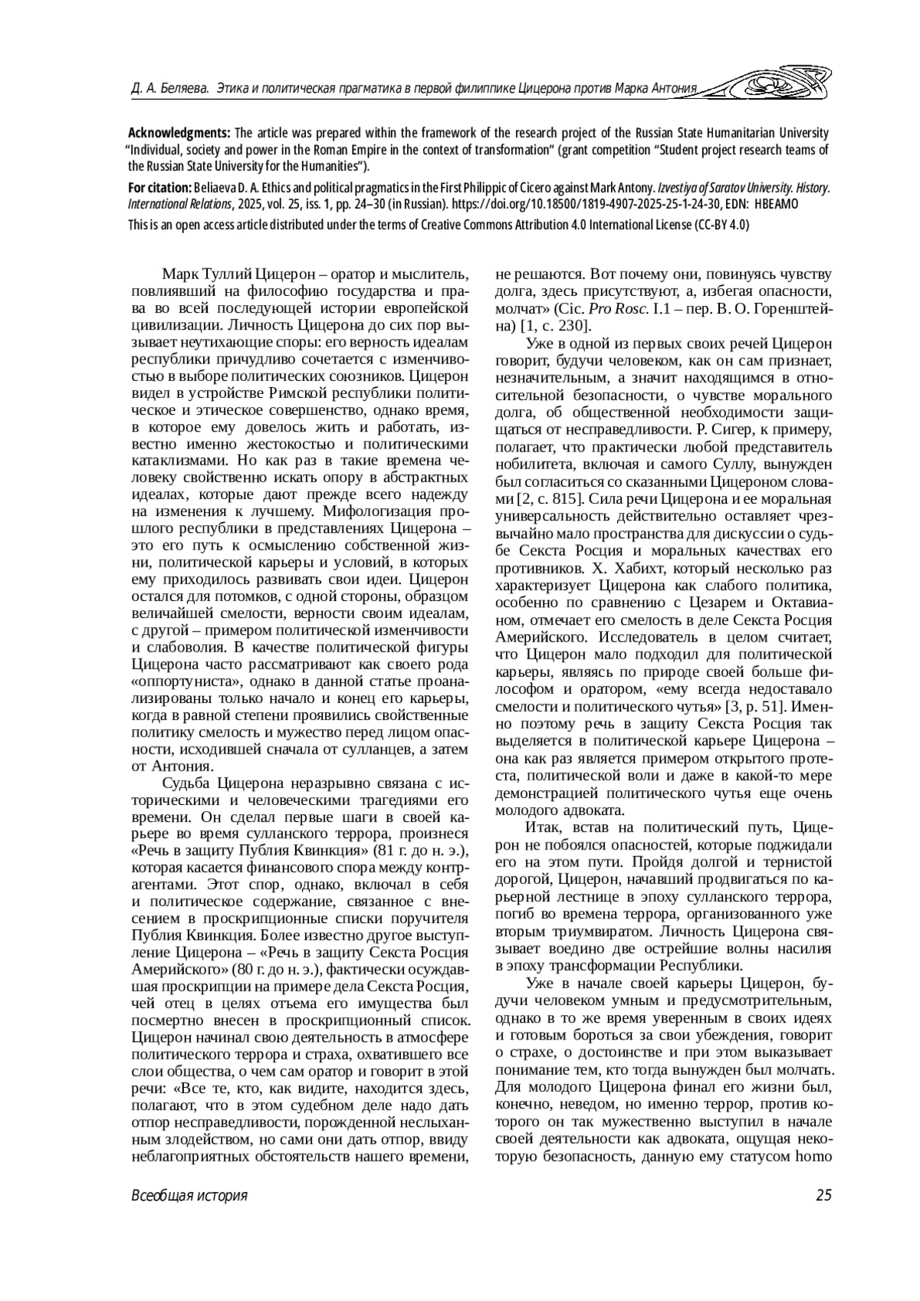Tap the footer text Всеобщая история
[x=189, y=1195]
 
